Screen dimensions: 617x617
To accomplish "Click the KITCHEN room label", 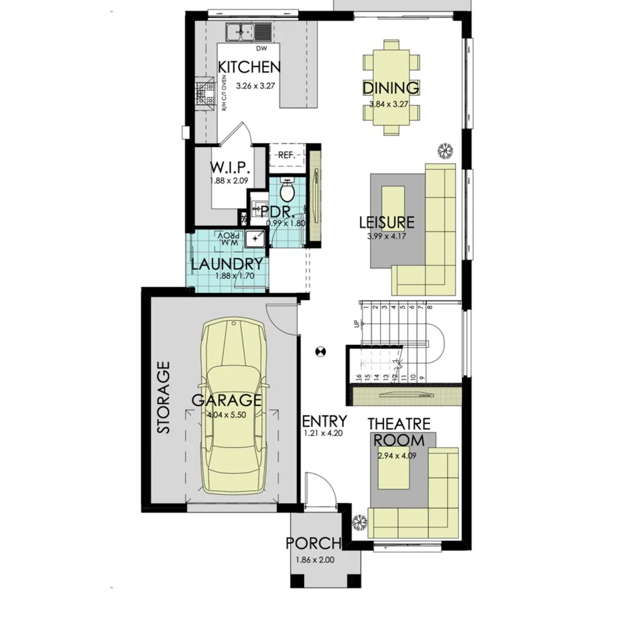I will click(250, 67).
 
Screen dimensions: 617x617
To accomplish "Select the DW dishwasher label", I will click(262, 49).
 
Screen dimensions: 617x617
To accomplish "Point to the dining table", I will click(391, 87).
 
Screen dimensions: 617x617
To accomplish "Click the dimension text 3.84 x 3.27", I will click(391, 105).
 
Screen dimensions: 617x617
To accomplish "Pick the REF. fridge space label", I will click(286, 155).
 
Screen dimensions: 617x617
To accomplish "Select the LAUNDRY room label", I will click(227, 264).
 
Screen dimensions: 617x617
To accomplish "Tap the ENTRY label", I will click(324, 422).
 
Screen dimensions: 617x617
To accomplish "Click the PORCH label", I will click(313, 543).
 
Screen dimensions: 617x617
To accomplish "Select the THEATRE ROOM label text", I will click(399, 432).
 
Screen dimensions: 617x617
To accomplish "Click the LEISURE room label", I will click(387, 222).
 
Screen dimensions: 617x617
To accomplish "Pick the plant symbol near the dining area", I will click(444, 150).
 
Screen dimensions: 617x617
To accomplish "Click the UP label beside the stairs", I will click(357, 323).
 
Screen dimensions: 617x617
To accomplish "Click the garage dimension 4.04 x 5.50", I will click(227, 415).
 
